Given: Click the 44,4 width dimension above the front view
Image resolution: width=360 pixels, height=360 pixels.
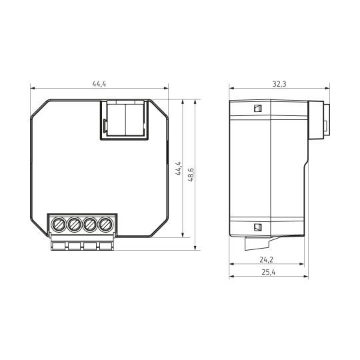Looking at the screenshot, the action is point(99,84).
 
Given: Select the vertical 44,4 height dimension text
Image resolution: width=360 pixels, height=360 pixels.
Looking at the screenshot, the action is point(179,169).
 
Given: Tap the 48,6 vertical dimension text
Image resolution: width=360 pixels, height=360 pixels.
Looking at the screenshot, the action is point(191,175).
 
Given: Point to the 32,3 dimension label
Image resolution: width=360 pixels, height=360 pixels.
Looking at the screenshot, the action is point(279,84).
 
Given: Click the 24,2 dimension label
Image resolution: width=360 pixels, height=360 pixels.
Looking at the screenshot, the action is point(266,260).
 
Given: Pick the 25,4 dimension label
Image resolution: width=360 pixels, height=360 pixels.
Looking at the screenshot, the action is point(269,272).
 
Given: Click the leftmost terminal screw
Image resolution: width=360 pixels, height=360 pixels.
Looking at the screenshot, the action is point(59,224).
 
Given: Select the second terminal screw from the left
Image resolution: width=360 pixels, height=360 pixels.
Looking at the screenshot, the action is point(75,224).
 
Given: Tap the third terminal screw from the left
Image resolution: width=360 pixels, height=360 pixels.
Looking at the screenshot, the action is point(90,224).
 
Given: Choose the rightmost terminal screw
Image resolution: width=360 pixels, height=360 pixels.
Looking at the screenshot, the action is point(105,224).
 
